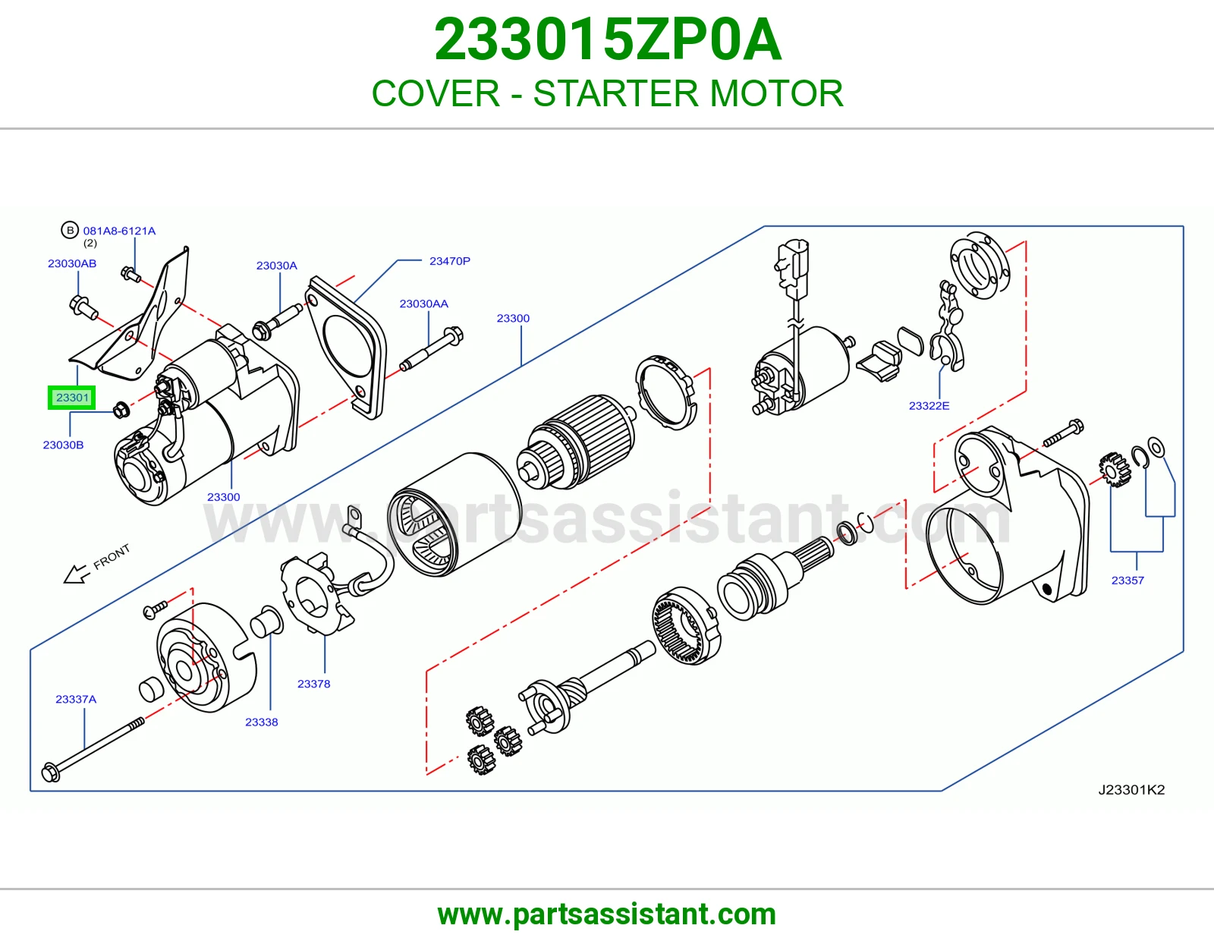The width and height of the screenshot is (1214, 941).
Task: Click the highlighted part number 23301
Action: tap(72, 398)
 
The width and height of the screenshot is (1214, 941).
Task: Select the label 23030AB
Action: tap(72, 263)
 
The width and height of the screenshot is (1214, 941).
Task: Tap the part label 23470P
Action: tap(450, 261)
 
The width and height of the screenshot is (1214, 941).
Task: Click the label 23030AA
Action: tap(423, 304)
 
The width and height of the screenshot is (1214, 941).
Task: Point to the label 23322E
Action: tap(929, 406)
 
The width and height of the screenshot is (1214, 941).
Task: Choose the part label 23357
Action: tap(1128, 580)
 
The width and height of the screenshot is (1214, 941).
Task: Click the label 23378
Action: tap(313, 684)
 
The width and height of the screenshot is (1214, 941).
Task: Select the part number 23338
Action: tap(262, 722)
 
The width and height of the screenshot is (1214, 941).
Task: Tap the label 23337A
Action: tap(76, 699)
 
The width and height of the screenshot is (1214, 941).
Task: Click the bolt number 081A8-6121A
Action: tap(119, 231)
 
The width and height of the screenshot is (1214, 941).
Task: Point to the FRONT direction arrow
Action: tap(77, 574)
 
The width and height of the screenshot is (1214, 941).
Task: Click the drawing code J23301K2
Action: tap(1131, 789)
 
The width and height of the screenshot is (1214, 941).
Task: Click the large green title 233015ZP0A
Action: tap(607, 39)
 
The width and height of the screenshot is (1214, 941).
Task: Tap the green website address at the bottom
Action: tap(607, 914)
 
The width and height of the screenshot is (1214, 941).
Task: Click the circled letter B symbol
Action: tap(70, 230)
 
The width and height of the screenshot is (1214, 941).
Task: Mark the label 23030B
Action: tap(63, 445)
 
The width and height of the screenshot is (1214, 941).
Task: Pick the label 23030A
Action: tap(276, 266)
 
